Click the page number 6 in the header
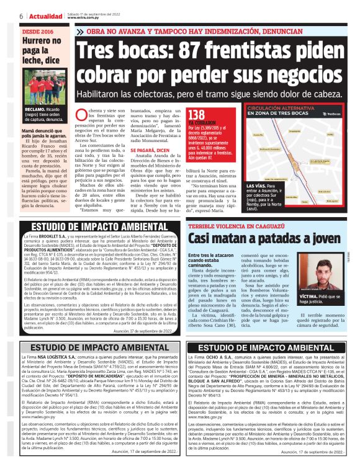[x=4, y=14]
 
